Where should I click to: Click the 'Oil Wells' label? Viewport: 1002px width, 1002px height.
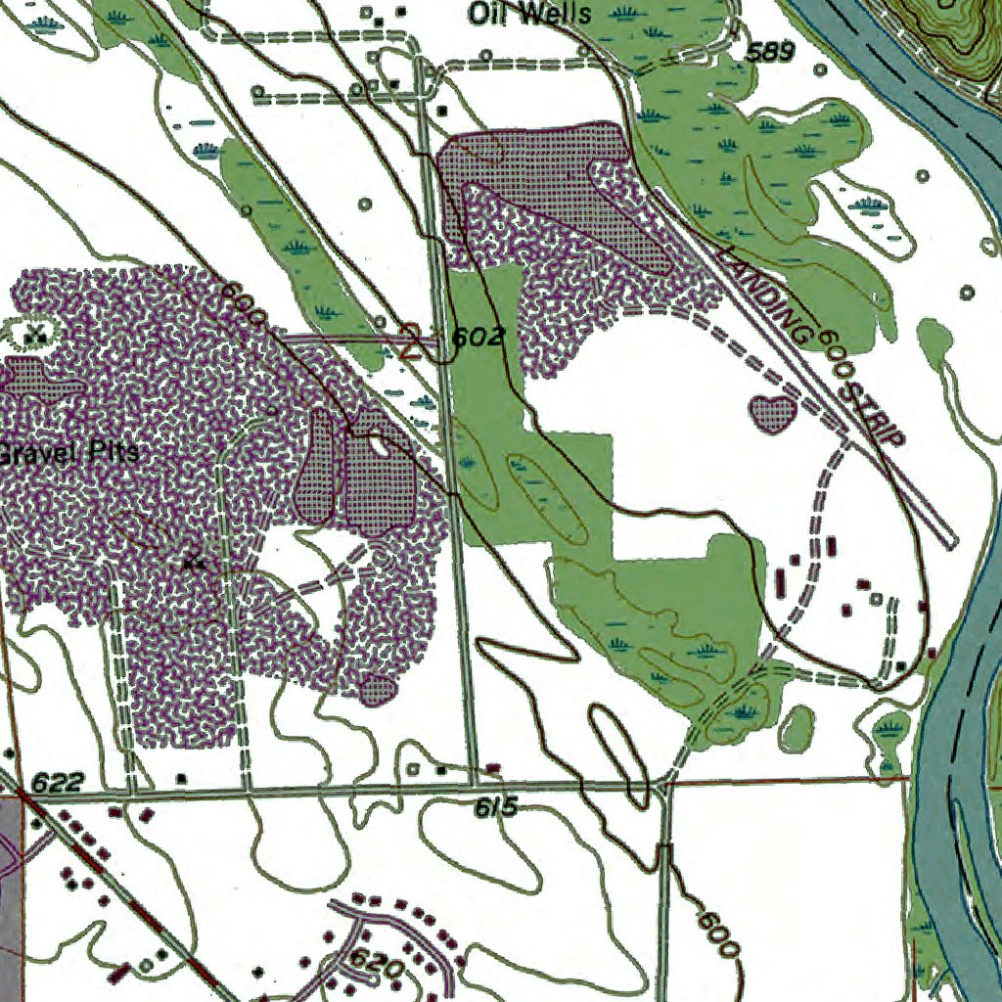click(529, 14)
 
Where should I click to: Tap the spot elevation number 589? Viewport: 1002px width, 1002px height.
click(770, 53)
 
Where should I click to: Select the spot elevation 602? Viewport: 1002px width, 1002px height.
click(478, 338)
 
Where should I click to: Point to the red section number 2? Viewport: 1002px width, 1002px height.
click(412, 343)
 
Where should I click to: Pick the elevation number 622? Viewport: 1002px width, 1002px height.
click(58, 783)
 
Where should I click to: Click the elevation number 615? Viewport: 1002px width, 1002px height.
click(495, 807)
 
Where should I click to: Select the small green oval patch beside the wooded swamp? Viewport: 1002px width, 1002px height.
click(797, 726)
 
